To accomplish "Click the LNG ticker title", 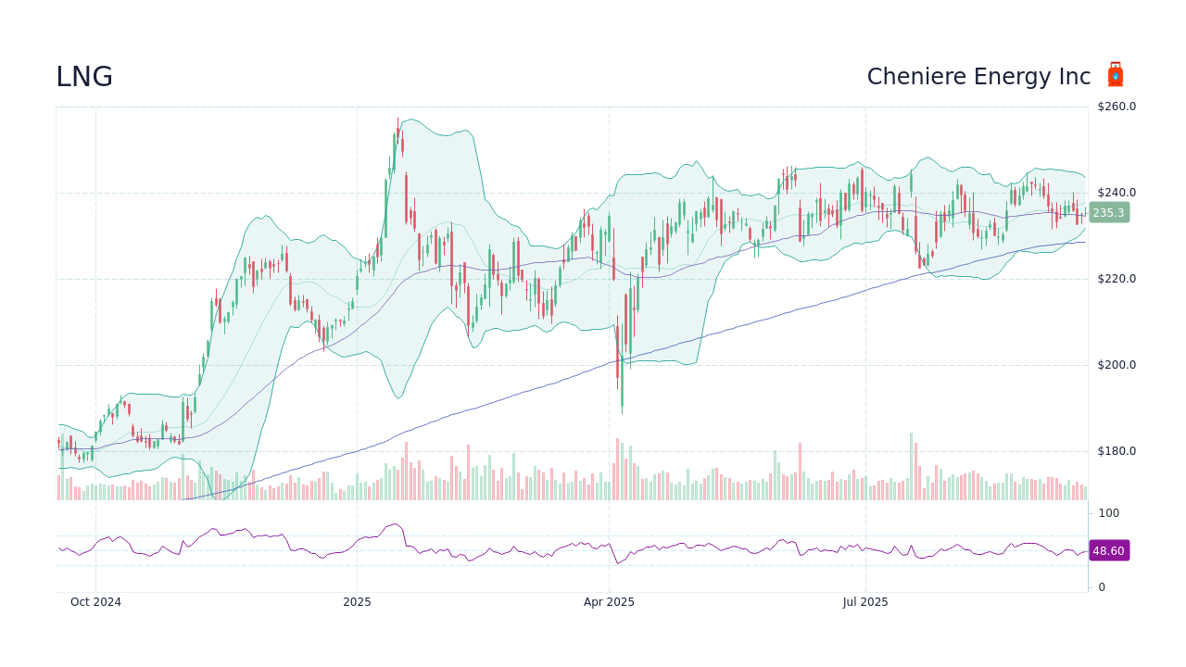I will (x=84, y=77).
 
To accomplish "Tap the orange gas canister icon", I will (x=1116, y=75).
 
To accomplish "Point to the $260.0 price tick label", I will (x=1117, y=107).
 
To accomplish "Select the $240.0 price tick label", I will (x=1117, y=193).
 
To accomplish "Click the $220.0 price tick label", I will (x=1117, y=279).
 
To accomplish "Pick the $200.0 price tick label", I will (x=1117, y=365).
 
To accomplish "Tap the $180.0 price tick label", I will (x=1117, y=451).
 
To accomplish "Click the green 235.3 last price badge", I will (x=1108, y=213).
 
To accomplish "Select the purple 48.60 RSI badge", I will (x=1108, y=551).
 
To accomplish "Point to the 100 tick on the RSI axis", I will (x=1109, y=513).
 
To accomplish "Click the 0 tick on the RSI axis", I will (x=1102, y=587).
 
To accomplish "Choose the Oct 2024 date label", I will (x=95, y=602).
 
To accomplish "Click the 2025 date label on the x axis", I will (x=357, y=602).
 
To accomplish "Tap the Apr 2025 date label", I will (x=609, y=602).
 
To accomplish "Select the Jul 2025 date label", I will (x=865, y=602).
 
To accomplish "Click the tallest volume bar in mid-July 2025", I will (x=911, y=466).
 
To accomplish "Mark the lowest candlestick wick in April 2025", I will (x=622, y=410).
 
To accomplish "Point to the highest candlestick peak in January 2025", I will (x=398, y=120).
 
